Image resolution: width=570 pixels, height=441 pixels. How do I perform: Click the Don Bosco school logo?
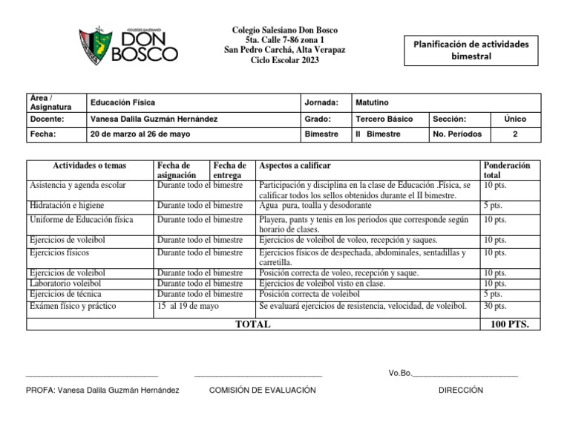tap(128, 45)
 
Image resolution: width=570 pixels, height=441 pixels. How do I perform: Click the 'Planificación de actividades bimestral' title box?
tap(471, 50)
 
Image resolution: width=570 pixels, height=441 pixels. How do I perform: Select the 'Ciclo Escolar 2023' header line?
tap(285, 60)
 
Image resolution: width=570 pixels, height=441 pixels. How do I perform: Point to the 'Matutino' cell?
tap(372, 102)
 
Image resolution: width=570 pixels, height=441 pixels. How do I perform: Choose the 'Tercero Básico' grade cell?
tap(384, 119)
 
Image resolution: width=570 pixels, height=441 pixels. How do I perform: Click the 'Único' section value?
tap(515, 119)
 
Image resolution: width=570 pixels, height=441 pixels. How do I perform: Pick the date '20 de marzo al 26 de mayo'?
tap(140, 134)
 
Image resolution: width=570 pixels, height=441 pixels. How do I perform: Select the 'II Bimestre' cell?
tap(378, 134)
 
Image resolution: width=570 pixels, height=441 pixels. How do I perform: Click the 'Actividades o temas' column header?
tap(89, 166)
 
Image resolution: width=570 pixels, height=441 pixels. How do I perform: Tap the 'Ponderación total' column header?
tap(506, 171)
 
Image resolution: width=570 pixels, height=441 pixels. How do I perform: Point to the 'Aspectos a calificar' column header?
tap(294, 166)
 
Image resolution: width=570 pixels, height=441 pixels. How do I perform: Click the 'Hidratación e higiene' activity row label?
tap(67, 205)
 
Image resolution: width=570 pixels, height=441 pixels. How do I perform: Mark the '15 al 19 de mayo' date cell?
tap(188, 305)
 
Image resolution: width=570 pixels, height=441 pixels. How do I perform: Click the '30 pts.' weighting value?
tap(495, 305)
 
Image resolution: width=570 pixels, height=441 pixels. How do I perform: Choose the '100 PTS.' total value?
tap(509, 324)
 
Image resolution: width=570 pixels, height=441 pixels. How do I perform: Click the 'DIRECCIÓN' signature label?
tap(460, 390)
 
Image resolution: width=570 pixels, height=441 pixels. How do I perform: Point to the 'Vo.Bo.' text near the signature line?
tap(399, 373)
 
